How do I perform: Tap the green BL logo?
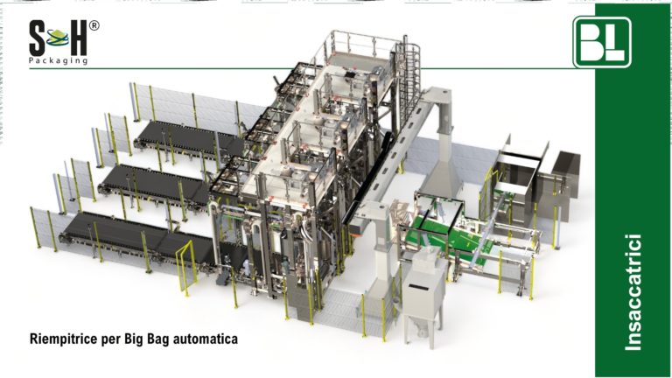tap(603, 41)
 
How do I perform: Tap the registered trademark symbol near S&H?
tap(94, 25)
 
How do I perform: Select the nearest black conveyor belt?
tap(131, 237)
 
